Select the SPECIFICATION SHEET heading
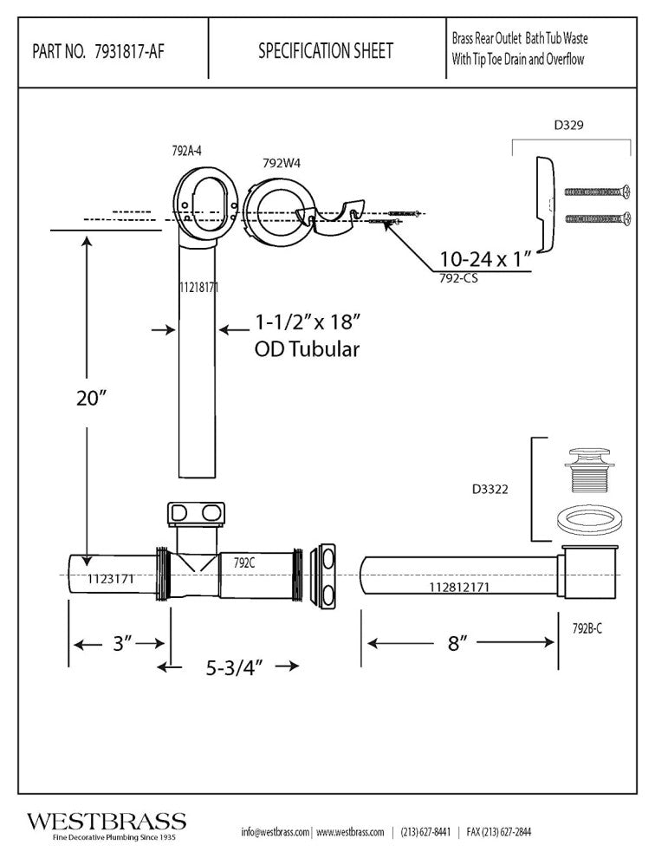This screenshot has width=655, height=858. point(325,51)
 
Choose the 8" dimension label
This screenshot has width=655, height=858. point(458,643)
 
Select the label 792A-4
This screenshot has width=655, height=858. point(186,151)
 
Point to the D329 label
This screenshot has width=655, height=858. point(567,125)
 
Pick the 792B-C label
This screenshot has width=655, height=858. point(587,627)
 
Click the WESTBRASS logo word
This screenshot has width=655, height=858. point(106,822)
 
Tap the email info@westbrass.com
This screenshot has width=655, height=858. point(275,832)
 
